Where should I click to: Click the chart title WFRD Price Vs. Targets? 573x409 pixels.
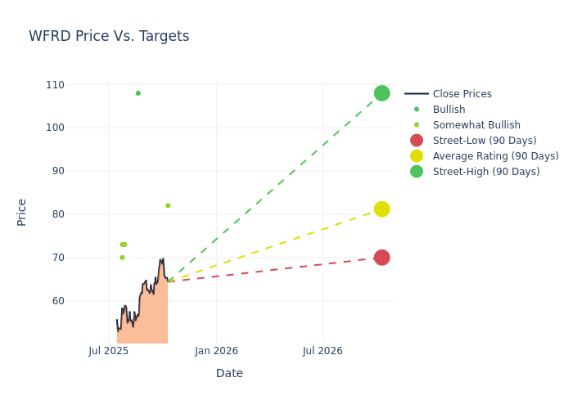(109, 36)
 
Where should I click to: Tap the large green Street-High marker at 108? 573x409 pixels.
(381, 93)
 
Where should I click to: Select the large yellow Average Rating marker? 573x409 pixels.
(381, 209)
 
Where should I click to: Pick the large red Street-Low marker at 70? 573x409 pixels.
(381, 258)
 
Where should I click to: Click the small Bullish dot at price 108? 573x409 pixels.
(138, 93)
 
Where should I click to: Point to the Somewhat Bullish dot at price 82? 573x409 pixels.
(168, 205)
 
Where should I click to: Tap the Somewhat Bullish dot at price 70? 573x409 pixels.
(122, 258)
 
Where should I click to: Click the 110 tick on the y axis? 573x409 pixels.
(55, 84)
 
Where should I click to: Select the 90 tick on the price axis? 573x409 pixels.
(57, 171)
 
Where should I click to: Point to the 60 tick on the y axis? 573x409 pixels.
(57, 300)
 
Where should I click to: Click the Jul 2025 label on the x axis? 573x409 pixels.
(108, 351)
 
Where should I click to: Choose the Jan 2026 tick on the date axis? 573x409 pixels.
(216, 351)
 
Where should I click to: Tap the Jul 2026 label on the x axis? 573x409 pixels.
(323, 351)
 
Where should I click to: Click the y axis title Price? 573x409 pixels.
(22, 212)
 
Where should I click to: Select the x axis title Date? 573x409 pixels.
(229, 373)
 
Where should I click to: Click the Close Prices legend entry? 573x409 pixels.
(462, 94)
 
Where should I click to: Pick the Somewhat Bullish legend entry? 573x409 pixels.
(476, 125)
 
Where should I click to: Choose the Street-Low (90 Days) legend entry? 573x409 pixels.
(484, 141)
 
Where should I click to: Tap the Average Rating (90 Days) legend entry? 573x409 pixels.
(495, 156)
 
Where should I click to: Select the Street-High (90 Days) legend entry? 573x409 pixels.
(485, 172)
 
